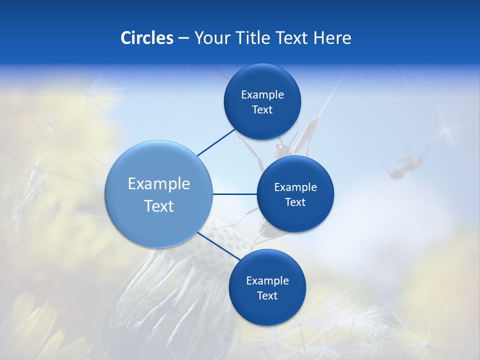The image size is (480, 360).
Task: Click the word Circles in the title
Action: point(146,38)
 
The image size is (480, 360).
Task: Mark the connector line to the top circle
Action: point(216,142)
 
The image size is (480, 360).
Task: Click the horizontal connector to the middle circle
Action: point(234,194)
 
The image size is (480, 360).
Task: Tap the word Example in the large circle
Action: point(158,184)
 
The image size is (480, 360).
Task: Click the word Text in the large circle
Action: point(158,206)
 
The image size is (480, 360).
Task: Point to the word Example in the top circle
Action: point(262,95)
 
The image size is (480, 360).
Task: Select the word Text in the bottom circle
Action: point(267,295)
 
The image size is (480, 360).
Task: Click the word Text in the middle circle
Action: point(295,202)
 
